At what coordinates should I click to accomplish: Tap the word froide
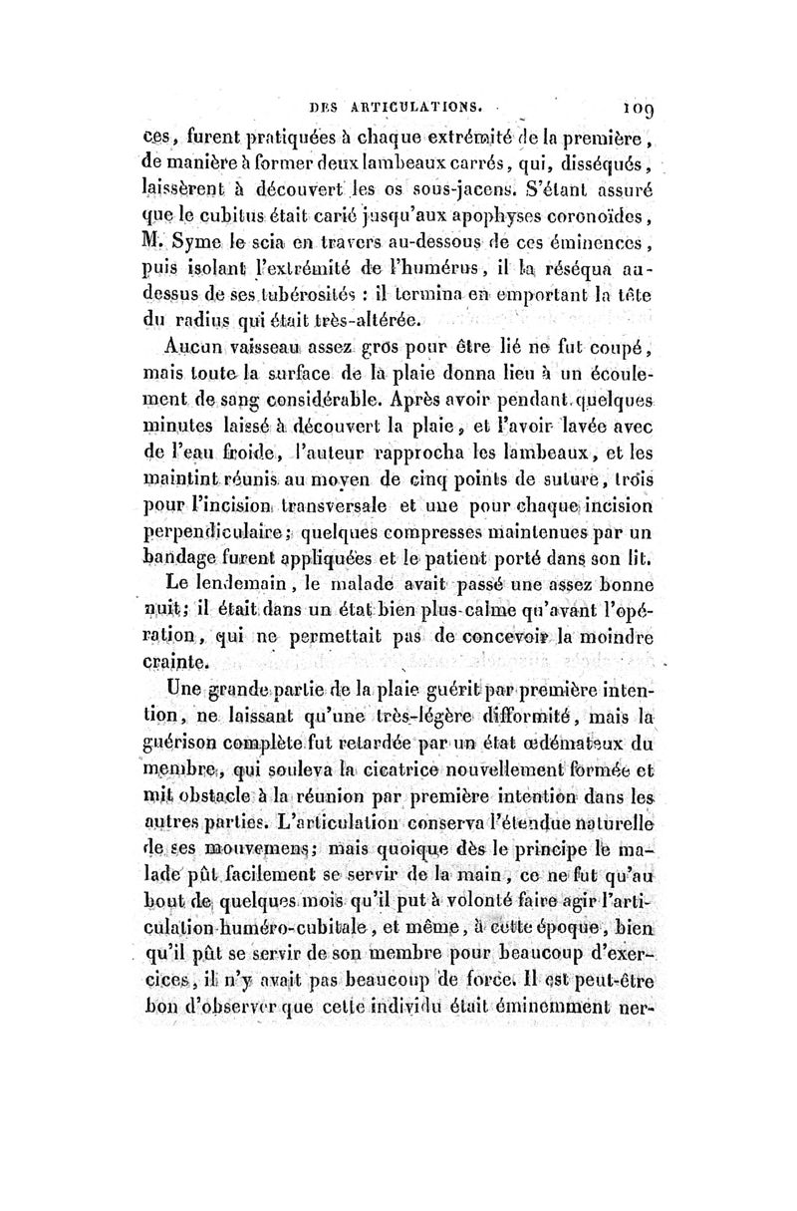(x=230, y=456)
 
